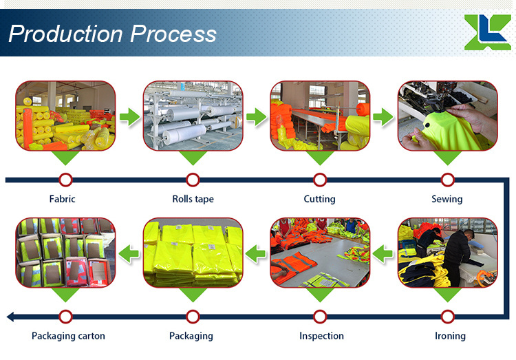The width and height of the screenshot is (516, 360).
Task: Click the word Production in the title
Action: (66, 34)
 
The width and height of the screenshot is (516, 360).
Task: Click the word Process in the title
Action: (173, 34)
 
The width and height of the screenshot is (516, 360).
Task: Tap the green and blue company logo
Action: (487, 32)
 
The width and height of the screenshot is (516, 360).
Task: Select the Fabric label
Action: (62, 199)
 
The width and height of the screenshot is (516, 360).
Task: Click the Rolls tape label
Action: (193, 199)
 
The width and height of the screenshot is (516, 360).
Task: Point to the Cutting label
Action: (319, 199)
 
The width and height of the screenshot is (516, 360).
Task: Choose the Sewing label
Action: (447, 199)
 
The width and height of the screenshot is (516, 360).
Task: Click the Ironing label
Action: (450, 337)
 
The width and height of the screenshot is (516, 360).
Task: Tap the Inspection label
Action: (321, 337)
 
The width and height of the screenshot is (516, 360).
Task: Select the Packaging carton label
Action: (68, 337)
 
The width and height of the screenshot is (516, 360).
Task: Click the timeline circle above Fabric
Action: (66, 180)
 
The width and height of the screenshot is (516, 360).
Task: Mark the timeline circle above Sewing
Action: (448, 180)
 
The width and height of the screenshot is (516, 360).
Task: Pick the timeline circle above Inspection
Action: (320, 317)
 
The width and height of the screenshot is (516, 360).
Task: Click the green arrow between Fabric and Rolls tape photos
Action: (129, 116)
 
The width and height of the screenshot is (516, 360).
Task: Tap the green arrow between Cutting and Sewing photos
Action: (383, 116)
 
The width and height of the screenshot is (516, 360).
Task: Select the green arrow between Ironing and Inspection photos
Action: (383, 253)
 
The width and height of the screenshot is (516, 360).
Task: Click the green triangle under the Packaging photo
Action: (193, 295)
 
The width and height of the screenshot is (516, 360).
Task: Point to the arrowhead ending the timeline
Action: (10, 317)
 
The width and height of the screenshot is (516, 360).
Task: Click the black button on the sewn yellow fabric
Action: (428, 125)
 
